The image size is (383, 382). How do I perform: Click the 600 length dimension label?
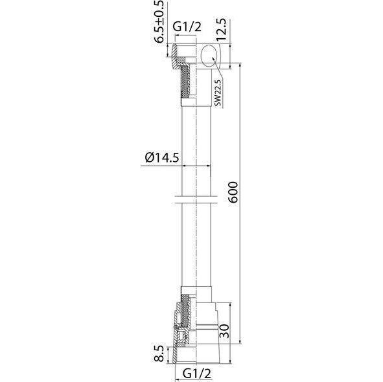233,192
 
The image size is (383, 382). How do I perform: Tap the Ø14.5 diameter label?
162,157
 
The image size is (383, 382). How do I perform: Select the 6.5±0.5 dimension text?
160,22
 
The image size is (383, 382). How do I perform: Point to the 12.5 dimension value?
222,30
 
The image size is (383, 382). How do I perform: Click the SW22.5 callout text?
218,93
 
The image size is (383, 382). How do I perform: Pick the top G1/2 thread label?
187,27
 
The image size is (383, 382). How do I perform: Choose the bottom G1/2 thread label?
197,373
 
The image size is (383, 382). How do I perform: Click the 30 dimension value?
224,331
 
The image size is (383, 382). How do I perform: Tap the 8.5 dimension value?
159,354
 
